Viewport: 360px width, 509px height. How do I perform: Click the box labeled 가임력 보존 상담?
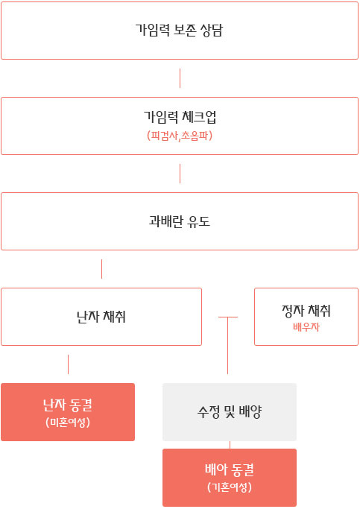180,31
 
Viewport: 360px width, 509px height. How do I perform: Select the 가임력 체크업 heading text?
180,117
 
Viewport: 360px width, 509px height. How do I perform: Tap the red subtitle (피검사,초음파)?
180,136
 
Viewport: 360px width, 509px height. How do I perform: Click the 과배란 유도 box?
180,221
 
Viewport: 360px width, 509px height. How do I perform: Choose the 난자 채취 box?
101,317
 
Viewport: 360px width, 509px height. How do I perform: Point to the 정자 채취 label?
306,311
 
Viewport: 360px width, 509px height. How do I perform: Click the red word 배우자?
306,327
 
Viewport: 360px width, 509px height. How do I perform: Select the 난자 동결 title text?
68,405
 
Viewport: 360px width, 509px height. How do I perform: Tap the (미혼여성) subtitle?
68,423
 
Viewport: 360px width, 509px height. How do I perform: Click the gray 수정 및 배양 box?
230,412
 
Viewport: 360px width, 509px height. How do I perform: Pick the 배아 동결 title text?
230,470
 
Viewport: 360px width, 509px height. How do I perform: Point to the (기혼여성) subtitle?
230,487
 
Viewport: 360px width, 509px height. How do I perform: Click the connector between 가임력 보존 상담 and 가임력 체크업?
180,78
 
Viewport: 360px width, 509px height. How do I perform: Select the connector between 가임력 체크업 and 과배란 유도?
180,174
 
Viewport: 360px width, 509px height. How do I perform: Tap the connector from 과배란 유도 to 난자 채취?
101,269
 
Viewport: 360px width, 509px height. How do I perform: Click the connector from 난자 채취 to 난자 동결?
68,364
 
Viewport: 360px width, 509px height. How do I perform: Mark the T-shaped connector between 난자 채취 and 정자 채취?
228,345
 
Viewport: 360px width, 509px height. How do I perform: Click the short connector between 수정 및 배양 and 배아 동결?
230,445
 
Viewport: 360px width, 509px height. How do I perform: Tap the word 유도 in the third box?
199,221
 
